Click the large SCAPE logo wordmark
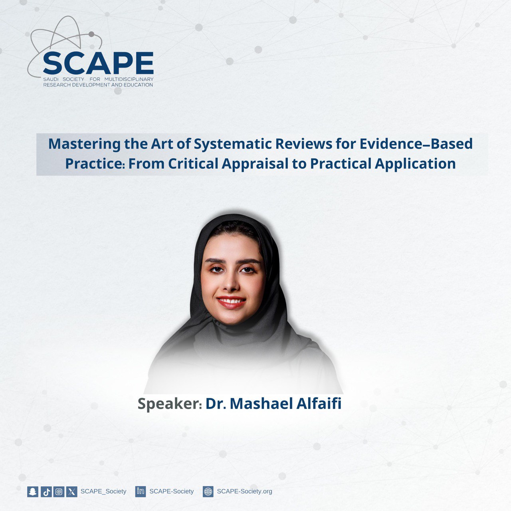[98, 63]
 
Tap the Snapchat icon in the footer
[33, 491]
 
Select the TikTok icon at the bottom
[46, 491]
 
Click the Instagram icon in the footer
[59, 491]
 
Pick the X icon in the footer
[71, 491]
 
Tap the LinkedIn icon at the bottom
[141, 491]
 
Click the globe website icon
[208, 491]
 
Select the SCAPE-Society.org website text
[244, 491]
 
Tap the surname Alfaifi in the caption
[319, 404]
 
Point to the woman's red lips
[231, 302]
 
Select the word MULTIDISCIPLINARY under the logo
[129, 79]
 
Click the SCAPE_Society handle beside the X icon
[103, 491]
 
